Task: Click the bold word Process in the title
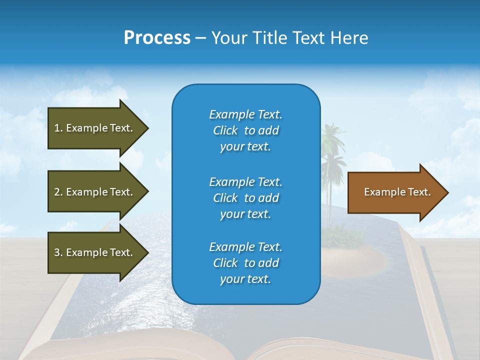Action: point(157,38)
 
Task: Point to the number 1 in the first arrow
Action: point(57,128)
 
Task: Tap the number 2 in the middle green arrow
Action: point(57,192)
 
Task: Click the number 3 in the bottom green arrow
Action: point(57,252)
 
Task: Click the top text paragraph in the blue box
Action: point(245,130)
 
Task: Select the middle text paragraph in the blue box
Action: point(245,198)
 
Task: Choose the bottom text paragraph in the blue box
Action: point(245,263)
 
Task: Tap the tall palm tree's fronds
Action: point(332,137)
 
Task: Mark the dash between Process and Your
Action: point(200,38)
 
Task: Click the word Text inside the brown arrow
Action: point(420,192)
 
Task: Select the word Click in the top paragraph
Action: point(225,130)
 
